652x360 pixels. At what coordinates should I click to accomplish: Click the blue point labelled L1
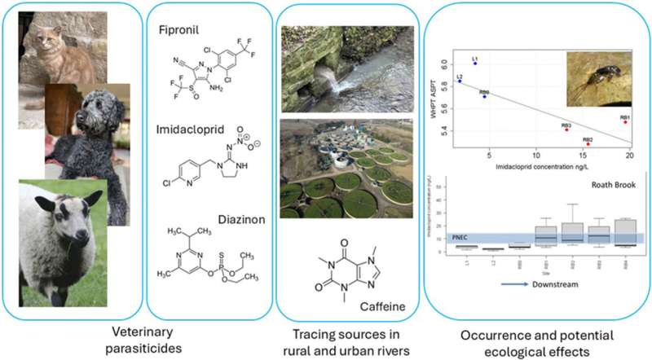(475, 63)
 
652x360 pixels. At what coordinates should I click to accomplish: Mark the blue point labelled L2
(460, 81)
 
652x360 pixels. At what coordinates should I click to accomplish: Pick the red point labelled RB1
(625, 121)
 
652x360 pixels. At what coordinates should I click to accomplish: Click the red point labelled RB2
(588, 144)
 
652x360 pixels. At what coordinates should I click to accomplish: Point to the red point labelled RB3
(566, 130)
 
